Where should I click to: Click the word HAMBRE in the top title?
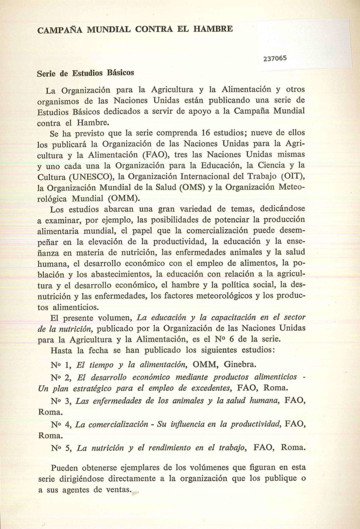tap(213, 28)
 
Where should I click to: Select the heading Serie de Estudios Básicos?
tap(85, 73)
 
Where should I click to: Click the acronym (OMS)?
tap(192, 187)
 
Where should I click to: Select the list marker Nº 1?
tap(61, 365)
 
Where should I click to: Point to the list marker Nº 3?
tap(61, 401)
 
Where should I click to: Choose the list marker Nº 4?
tap(61, 425)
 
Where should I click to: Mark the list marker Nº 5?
tap(61, 448)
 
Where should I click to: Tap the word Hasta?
tap(62, 350)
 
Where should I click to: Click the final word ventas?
tap(118, 490)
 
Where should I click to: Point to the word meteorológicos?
tap(224, 296)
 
